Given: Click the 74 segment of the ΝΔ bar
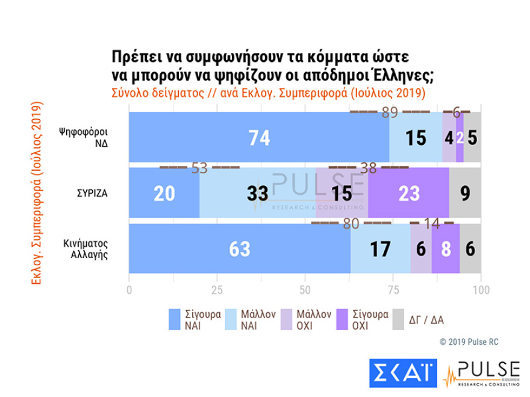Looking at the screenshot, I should pyautogui.click(x=259, y=137).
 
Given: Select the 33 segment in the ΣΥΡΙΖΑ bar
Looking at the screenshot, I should pyautogui.click(x=257, y=192).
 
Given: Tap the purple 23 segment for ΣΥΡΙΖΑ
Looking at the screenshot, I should pyautogui.click(x=408, y=192).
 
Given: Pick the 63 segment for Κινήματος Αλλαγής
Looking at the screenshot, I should pyautogui.click(x=240, y=248).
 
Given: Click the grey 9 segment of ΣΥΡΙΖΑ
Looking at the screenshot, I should pyautogui.click(x=465, y=192).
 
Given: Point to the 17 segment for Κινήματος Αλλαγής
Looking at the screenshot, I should pyautogui.click(x=380, y=248).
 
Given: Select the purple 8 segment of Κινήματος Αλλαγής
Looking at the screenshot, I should pyautogui.click(x=446, y=248).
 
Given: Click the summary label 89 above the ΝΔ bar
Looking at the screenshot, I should pyautogui.click(x=390, y=112).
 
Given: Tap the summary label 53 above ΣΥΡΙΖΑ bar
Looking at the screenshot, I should pyautogui.click(x=199, y=168).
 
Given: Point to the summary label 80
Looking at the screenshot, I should pyautogui.click(x=351, y=224).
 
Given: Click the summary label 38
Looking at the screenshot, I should pyautogui.click(x=368, y=168).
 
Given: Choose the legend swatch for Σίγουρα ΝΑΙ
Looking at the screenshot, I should pyautogui.click(x=175, y=319).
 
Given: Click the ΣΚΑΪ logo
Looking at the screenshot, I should pyautogui.click(x=401, y=373).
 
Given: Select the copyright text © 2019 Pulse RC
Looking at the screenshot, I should pyautogui.click(x=469, y=342).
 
